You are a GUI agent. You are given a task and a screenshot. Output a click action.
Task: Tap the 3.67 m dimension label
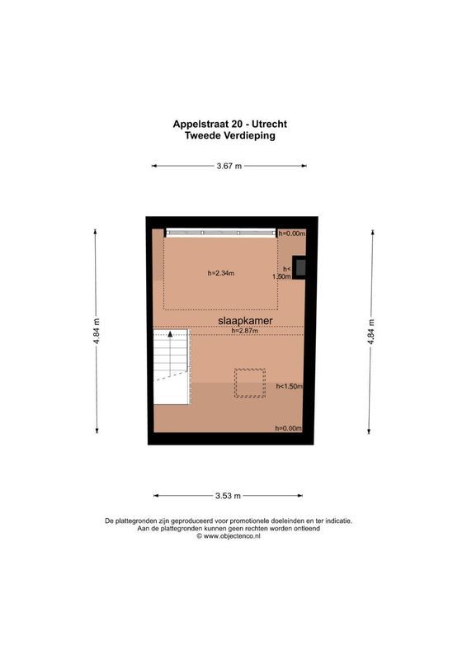click(229, 166)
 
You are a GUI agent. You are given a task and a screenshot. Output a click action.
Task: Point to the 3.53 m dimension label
click(228, 496)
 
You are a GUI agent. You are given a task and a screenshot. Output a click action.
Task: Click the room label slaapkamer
click(246, 320)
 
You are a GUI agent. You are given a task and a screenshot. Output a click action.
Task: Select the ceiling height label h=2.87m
click(245, 332)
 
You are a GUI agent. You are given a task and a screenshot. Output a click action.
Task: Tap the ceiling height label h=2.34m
click(221, 273)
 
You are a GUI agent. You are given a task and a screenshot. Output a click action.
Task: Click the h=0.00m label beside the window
click(291, 234)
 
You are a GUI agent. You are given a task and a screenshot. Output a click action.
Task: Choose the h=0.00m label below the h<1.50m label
click(289, 428)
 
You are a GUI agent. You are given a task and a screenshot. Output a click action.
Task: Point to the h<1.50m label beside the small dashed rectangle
click(289, 386)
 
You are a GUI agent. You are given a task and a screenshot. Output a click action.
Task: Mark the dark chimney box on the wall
click(301, 267)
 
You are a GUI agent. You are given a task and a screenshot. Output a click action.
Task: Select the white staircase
click(171, 367)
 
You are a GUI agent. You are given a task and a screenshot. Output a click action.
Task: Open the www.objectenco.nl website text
click(233, 536)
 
